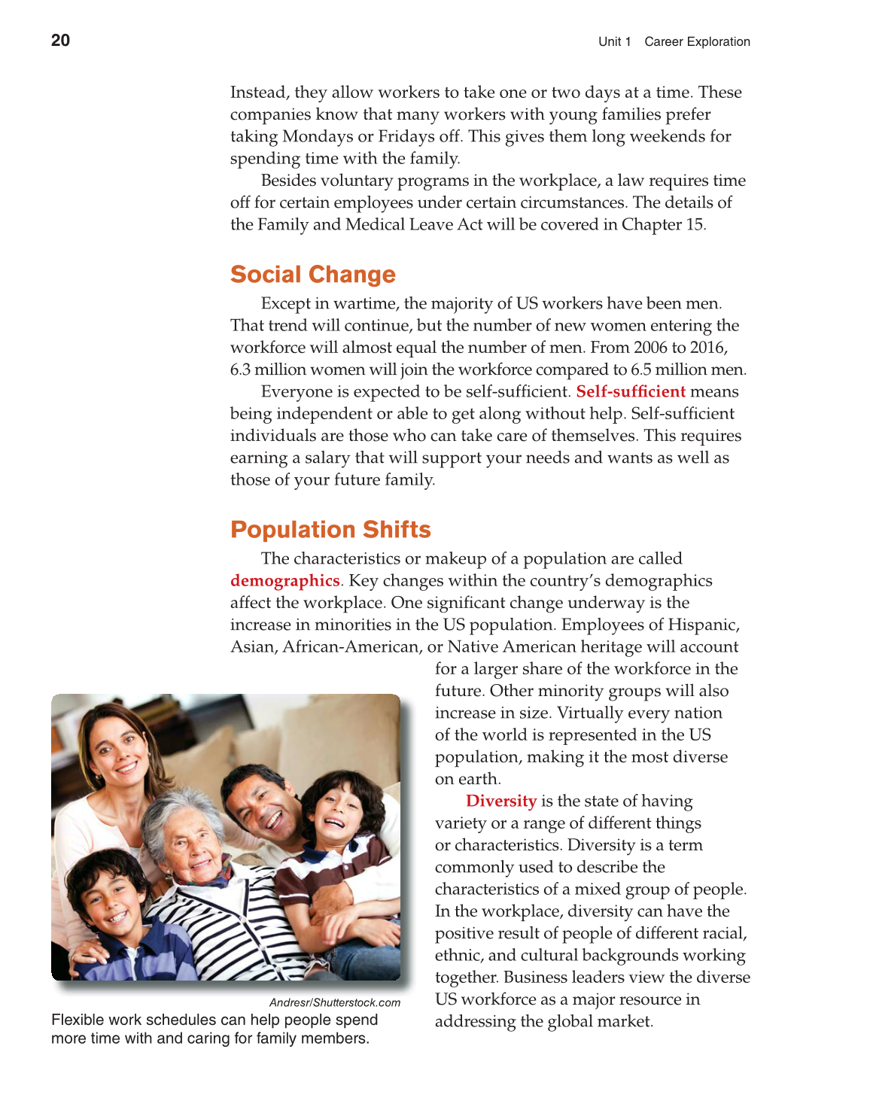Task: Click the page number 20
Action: pos(60,41)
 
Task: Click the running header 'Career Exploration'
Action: pos(697,42)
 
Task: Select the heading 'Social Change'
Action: pos(312,275)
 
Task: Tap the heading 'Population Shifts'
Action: pos(330,530)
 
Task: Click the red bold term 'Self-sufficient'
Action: pos(630,391)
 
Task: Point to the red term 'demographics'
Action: pos(284,581)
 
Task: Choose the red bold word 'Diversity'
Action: pos(500,801)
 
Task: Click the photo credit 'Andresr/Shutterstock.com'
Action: pos(334,1002)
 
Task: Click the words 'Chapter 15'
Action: pos(662,225)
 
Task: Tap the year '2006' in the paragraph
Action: pos(650,348)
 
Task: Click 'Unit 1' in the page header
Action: pos(614,42)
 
